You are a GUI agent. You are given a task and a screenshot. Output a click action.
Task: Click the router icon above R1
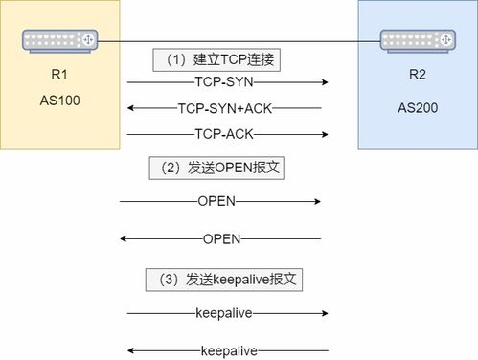click(x=60, y=40)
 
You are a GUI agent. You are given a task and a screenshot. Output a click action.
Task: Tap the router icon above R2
click(x=419, y=40)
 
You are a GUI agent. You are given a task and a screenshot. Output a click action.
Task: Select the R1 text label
click(x=59, y=74)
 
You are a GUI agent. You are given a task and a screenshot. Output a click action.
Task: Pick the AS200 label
click(x=418, y=107)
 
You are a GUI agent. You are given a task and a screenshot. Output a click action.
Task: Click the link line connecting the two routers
click(x=239, y=41)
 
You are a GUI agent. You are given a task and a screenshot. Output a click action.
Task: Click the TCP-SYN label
click(x=221, y=83)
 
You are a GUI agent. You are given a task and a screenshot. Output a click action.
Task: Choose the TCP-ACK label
click(x=224, y=133)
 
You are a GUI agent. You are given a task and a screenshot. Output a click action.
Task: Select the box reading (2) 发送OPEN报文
click(x=219, y=168)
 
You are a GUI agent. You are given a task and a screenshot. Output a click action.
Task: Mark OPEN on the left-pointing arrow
click(x=222, y=238)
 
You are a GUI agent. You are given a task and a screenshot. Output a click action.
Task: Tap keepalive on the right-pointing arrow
click(x=222, y=313)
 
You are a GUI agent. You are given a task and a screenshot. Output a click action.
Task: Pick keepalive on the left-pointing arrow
click(x=228, y=350)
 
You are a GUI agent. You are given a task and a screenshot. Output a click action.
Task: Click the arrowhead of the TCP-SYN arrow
click(x=326, y=83)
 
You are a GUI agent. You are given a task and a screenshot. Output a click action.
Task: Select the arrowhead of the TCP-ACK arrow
click(x=326, y=133)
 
